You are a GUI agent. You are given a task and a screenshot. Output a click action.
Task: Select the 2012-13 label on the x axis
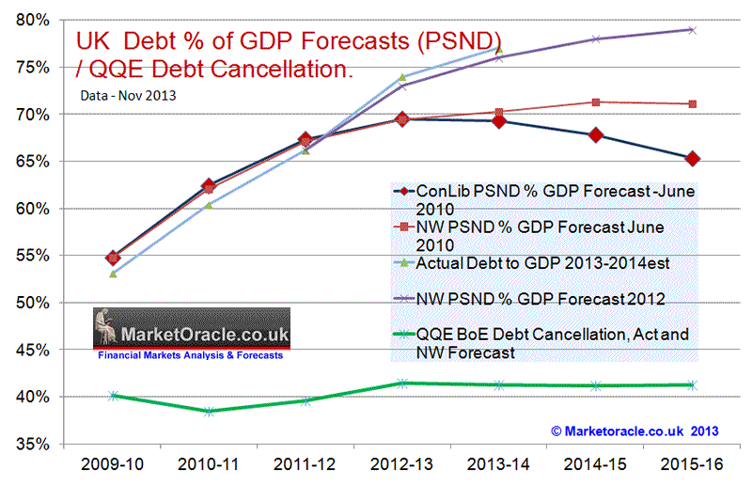(401, 465)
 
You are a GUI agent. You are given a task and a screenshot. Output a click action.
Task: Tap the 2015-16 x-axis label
(691, 465)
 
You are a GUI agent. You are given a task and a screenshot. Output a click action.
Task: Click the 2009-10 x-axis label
(112, 465)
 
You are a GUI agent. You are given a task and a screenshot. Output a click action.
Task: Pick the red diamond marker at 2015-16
(692, 158)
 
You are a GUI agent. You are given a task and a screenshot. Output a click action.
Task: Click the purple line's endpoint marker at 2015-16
(692, 30)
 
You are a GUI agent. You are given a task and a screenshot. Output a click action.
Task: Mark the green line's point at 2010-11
(209, 411)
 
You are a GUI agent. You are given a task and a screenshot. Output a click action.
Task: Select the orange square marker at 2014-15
(595, 102)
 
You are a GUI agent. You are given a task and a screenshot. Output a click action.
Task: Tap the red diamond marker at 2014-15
(595, 135)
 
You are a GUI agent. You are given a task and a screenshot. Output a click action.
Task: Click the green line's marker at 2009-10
(113, 396)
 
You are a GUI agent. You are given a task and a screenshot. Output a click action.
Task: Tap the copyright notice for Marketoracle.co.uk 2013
(634, 430)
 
